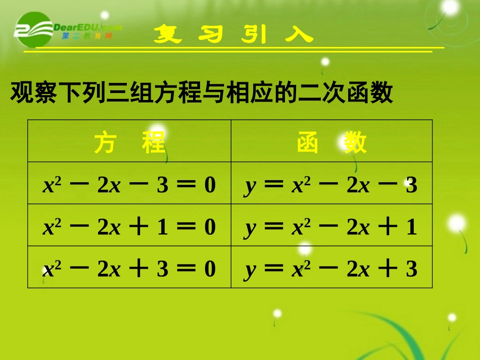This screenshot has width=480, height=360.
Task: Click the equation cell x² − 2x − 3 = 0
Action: pyautogui.click(x=129, y=186)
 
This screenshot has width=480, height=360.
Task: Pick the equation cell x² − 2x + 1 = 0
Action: pyautogui.click(x=129, y=228)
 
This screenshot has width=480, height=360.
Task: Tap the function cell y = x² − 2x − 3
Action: pyautogui.click(x=331, y=186)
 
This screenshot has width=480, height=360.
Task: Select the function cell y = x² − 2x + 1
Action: pyautogui.click(x=331, y=228)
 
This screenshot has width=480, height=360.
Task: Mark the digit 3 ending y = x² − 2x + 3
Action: pyautogui.click(x=411, y=270)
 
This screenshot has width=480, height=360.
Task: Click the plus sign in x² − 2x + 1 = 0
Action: pyautogui.click(x=139, y=228)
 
